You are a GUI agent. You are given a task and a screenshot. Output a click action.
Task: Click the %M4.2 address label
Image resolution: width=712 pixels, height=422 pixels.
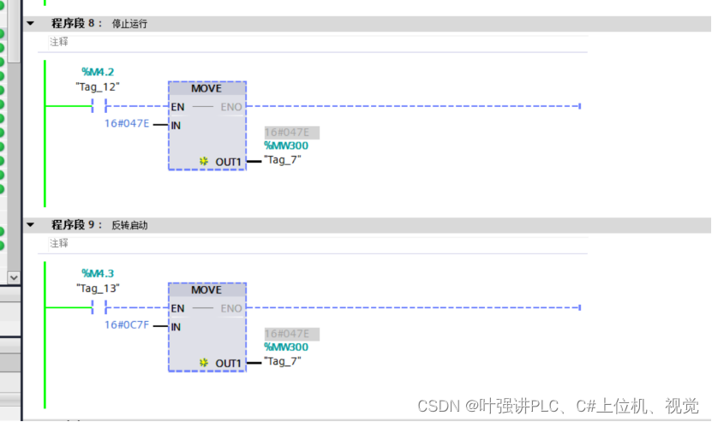point(98,71)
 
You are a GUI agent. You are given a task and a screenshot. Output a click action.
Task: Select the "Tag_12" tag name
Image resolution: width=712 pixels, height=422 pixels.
point(98,86)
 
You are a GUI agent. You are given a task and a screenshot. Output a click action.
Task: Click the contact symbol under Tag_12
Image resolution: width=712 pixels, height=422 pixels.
point(99,106)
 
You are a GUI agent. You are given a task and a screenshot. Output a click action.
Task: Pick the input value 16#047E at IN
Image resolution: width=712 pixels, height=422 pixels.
point(127,123)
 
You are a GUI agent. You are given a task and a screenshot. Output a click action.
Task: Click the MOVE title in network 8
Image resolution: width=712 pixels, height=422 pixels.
point(206,88)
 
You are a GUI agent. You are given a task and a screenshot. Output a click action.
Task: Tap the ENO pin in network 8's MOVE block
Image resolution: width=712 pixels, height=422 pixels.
point(231,107)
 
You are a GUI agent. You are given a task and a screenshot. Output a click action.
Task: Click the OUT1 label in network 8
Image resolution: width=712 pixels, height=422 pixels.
point(229,162)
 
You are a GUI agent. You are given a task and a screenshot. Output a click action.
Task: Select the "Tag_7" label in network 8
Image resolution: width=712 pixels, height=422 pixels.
point(283,159)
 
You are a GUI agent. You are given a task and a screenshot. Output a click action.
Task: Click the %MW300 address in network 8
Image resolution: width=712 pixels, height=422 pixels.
point(286,146)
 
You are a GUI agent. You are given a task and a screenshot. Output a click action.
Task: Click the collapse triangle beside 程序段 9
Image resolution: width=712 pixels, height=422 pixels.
point(31,225)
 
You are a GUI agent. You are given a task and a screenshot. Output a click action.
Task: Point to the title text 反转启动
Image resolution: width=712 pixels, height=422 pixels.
point(129,225)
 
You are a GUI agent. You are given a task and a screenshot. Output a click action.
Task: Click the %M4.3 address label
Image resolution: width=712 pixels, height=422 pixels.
point(98,274)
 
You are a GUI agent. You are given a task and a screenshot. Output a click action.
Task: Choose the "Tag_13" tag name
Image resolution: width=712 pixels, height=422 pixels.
point(98,288)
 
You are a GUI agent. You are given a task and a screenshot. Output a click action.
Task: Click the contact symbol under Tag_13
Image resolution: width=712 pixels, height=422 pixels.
point(99,308)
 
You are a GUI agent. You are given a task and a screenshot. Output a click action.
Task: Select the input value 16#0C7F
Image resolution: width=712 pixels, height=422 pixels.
point(127,325)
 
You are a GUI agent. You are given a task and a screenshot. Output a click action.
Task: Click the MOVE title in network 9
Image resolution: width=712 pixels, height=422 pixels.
point(206,290)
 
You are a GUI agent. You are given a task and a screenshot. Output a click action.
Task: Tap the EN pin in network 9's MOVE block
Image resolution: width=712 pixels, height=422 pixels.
point(177,308)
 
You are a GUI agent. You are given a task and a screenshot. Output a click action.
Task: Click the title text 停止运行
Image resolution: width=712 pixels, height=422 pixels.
point(129,24)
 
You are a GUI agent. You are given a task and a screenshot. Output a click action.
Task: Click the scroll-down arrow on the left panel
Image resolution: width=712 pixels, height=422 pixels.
point(13,277)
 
